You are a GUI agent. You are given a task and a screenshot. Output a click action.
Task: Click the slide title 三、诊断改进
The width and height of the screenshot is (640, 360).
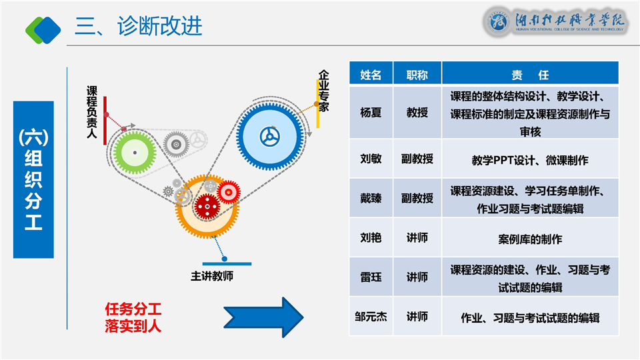(138, 27)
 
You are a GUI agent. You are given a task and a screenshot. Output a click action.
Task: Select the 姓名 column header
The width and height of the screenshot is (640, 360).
(371, 75)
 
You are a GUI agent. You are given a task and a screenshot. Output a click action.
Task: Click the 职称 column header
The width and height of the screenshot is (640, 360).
(417, 75)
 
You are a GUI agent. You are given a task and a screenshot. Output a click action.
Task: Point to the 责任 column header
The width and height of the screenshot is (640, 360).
(530, 75)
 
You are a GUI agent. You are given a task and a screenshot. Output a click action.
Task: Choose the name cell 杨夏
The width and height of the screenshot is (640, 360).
(371, 113)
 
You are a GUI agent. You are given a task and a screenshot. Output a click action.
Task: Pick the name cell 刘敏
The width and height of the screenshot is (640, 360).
(371, 159)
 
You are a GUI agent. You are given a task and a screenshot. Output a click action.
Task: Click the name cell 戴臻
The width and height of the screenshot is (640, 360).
(371, 198)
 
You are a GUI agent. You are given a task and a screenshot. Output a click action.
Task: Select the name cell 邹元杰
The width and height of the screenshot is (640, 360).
(371, 316)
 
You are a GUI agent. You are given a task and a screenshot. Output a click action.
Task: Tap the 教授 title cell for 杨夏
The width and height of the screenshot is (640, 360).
(417, 113)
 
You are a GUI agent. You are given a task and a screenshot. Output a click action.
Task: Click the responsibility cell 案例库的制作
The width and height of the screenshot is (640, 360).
(530, 238)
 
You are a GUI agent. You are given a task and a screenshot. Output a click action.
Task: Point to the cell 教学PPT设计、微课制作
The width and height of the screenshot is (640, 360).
(530, 160)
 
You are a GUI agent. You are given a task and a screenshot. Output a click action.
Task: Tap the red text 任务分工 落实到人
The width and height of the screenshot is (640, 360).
(133, 317)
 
